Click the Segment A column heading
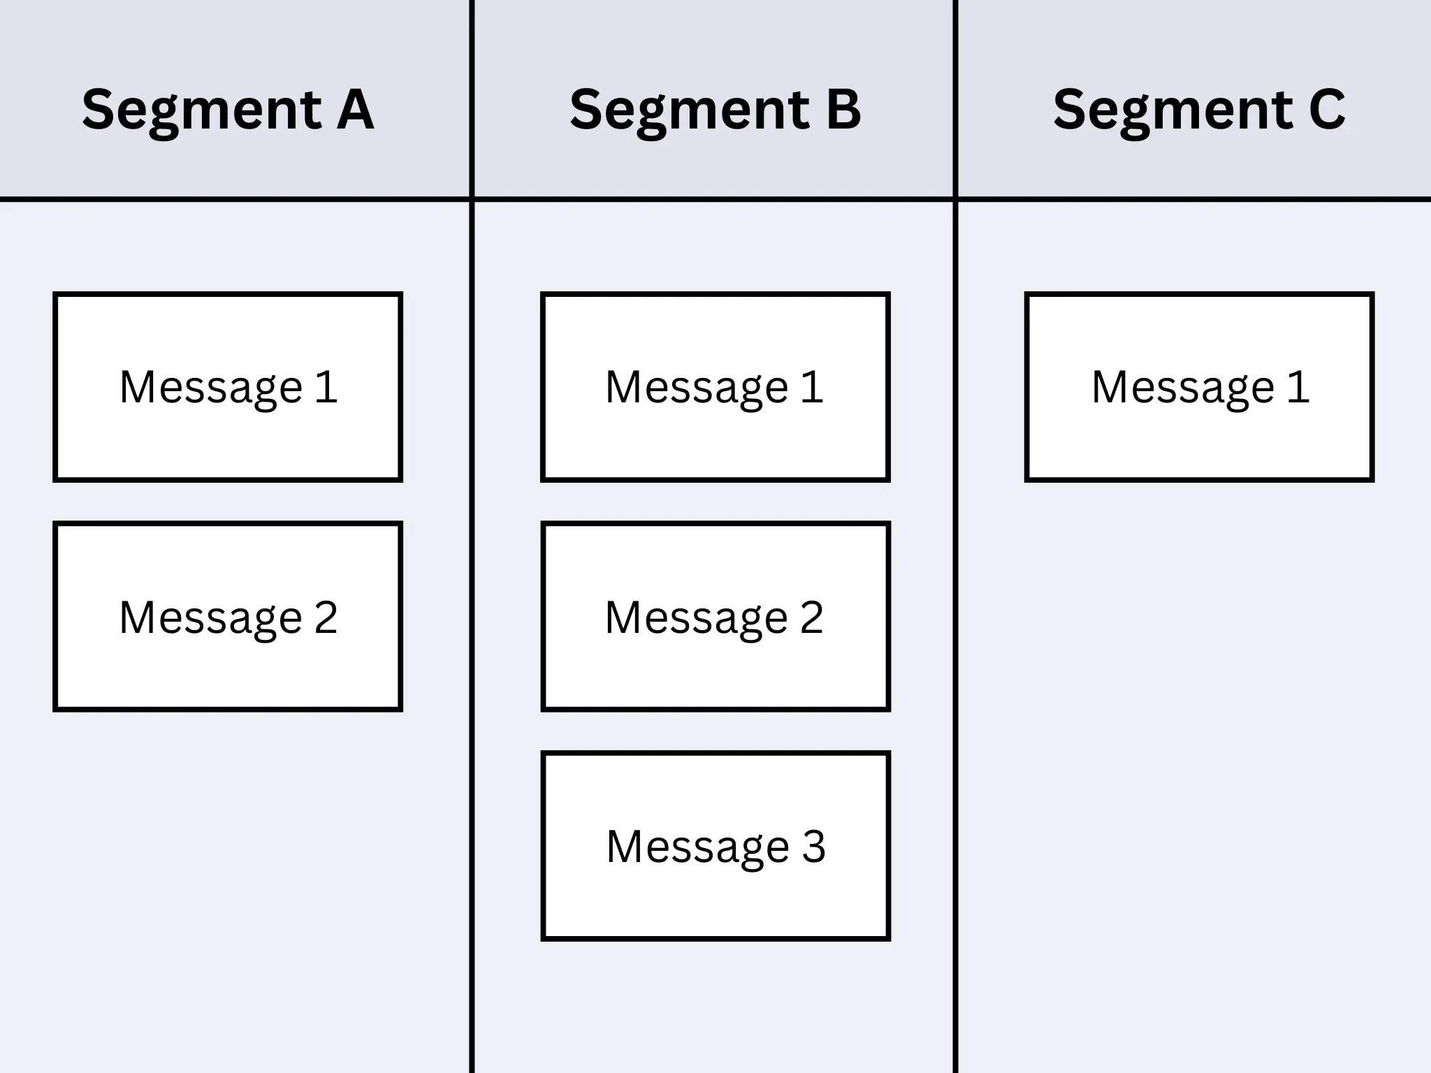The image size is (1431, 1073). (228, 110)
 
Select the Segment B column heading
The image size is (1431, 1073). (715, 110)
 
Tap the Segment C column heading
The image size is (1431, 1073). (1199, 110)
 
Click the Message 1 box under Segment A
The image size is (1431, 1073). (228, 386)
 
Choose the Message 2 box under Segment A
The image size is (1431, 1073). (228, 616)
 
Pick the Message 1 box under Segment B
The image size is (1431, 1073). (715, 386)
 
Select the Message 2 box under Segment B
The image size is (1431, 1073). (715, 616)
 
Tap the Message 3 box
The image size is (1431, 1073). (715, 846)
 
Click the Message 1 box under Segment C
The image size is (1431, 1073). (1199, 386)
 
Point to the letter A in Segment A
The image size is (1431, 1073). (355, 110)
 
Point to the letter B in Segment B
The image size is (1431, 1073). (843, 110)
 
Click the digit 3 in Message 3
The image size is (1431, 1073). (813, 846)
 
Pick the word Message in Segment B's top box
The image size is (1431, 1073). (697, 388)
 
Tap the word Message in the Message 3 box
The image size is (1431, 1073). (697, 847)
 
